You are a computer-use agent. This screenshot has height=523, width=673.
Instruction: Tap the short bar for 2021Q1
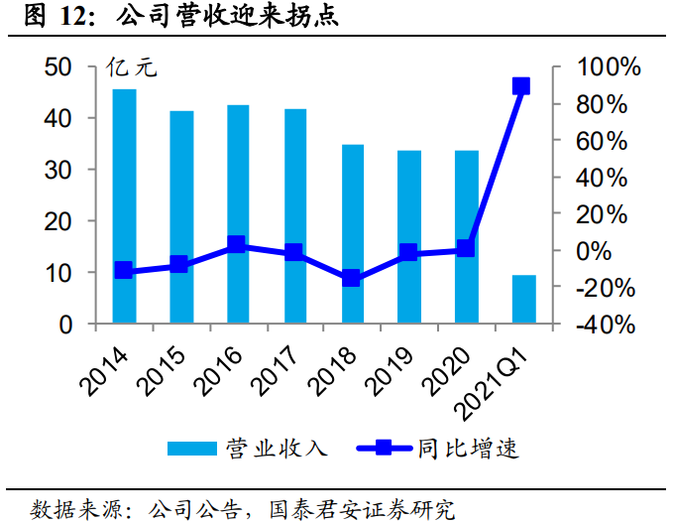tap(524, 299)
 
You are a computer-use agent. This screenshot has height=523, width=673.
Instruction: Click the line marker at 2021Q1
tap(521, 86)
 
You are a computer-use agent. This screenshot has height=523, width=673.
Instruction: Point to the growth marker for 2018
tap(351, 279)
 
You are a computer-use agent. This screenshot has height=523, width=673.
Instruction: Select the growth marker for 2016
tap(236, 244)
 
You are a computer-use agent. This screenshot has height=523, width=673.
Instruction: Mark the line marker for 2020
tap(466, 249)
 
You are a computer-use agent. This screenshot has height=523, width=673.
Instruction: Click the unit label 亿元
tap(131, 68)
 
